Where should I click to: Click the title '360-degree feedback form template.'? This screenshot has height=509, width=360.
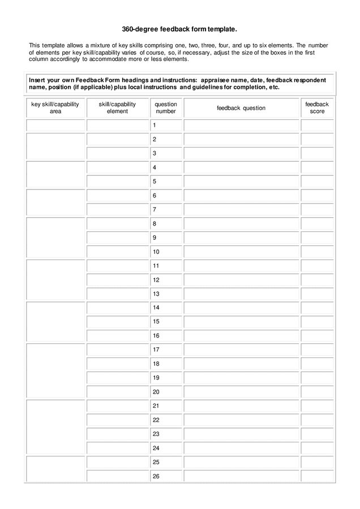[x=179, y=28]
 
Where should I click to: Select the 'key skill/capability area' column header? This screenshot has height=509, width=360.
[x=55, y=108]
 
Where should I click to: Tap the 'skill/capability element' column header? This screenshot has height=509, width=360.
[x=117, y=108]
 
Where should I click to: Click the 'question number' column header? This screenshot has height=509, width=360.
[x=166, y=108]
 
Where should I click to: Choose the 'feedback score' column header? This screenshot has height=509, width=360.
[x=317, y=108]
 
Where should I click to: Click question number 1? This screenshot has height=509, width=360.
[x=155, y=125]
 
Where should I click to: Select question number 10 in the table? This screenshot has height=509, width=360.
[x=156, y=252]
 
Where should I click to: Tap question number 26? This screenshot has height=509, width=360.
[x=156, y=476]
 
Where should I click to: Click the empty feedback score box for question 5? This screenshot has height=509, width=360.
[x=317, y=182]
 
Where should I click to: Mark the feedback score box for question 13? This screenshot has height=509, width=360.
[x=317, y=294]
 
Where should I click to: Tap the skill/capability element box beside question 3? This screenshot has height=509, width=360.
[x=117, y=153]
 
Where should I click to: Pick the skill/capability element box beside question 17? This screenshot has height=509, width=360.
[x=117, y=350]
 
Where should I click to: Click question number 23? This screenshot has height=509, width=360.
[x=156, y=434]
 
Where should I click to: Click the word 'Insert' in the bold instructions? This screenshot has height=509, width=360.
[x=37, y=80]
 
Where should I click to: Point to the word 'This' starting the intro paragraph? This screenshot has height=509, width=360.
[x=35, y=45]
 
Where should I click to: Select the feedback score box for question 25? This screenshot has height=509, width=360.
[x=317, y=462]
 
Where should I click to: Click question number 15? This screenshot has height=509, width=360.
[x=156, y=322]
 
